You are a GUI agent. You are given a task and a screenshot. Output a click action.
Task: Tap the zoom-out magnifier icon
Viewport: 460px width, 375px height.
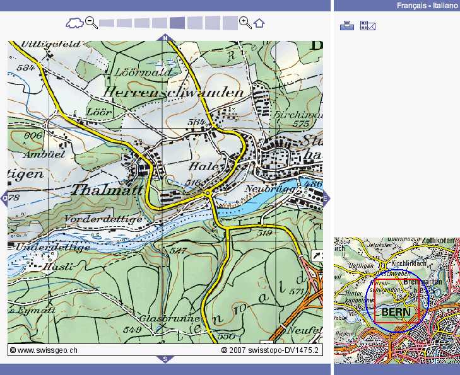click(91, 23)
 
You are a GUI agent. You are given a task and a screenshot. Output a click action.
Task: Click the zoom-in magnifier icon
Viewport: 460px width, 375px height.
click(245, 23)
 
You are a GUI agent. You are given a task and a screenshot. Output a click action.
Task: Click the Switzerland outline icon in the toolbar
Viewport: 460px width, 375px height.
click(74, 23)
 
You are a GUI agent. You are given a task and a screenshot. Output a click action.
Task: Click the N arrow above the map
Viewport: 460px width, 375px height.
click(165, 38)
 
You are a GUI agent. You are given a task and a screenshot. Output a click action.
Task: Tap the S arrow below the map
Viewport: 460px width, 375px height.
click(165, 359)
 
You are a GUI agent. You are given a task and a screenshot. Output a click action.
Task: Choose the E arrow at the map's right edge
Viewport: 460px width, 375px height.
click(326, 199)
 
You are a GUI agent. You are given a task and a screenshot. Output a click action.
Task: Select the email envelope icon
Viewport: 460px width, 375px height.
click(367, 25)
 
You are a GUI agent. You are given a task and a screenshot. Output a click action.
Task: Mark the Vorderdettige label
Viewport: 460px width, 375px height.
click(104, 219)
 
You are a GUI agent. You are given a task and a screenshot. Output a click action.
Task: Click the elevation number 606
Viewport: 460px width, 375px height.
click(33, 136)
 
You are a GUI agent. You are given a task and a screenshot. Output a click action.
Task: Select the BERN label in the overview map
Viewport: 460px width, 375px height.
click(396, 312)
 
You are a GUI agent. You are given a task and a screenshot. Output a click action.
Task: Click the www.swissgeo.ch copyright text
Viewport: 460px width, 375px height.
click(44, 349)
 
